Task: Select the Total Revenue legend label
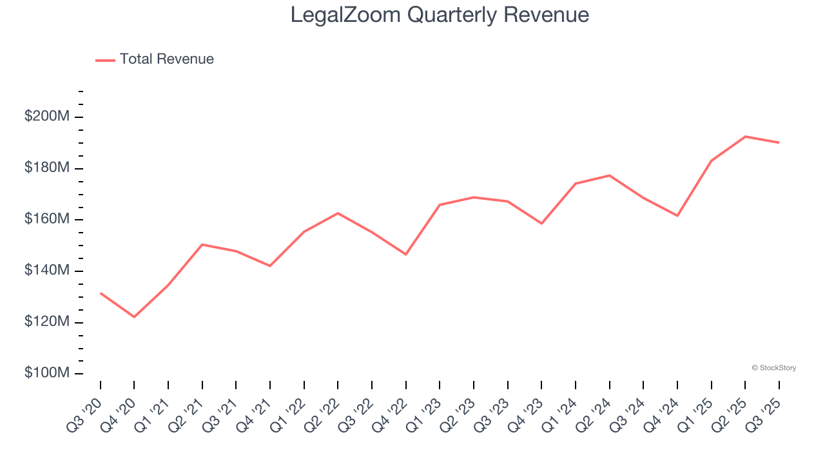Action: (166, 59)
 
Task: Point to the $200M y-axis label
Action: (47, 117)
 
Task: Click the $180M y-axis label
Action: (47, 168)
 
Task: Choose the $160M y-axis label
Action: (47, 219)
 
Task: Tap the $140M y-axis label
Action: (47, 271)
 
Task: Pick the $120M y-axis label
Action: (47, 322)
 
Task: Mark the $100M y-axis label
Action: (47, 373)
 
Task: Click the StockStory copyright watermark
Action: (773, 368)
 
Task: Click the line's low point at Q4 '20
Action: (134, 317)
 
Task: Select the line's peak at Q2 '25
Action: (745, 137)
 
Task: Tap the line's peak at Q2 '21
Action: (202, 244)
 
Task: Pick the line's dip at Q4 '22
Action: (406, 255)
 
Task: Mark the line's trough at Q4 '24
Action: (677, 215)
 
